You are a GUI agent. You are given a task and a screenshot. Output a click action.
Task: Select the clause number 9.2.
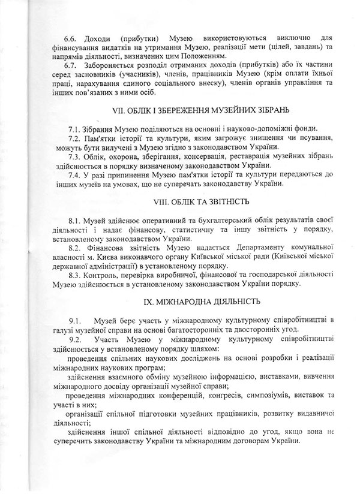(x=74, y=339)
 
